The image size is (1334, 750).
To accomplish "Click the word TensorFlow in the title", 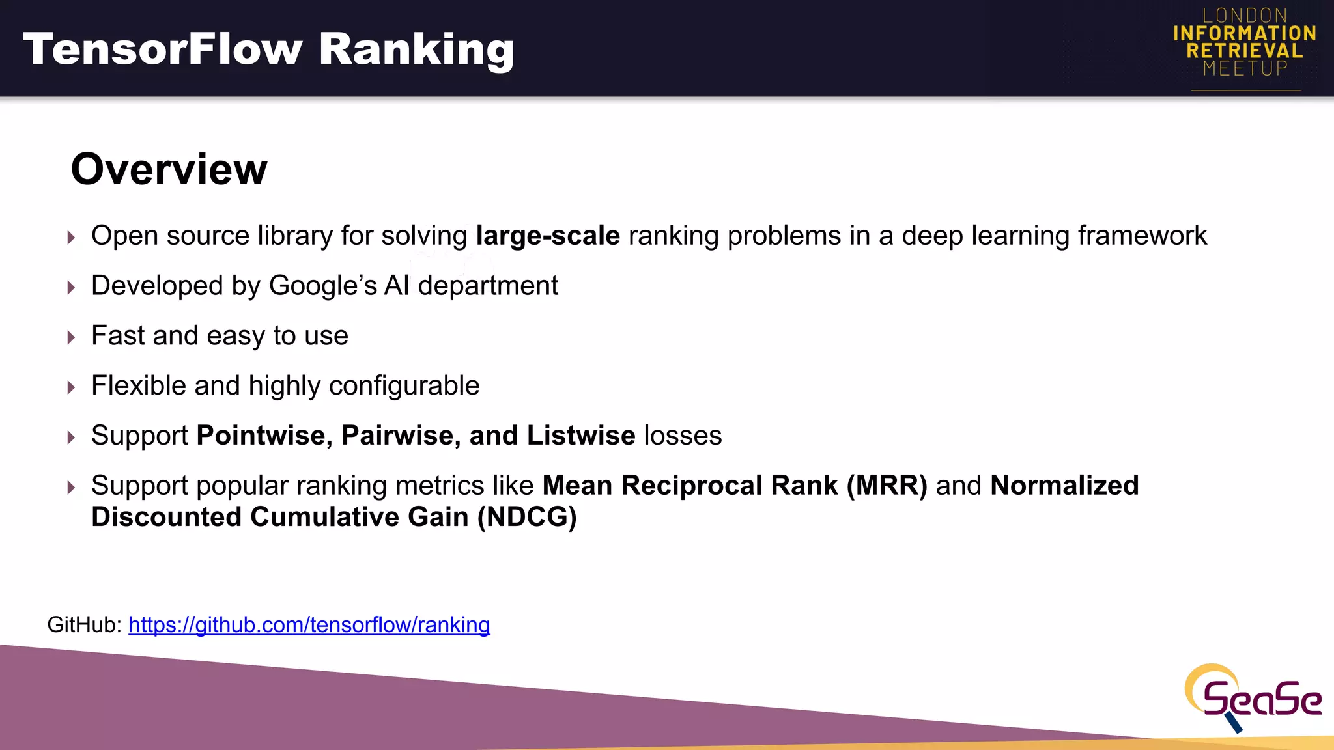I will pyautogui.click(x=163, y=49).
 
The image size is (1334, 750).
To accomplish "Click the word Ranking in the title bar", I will pyautogui.click(x=416, y=49).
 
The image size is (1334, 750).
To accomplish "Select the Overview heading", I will pyautogui.click(x=169, y=169).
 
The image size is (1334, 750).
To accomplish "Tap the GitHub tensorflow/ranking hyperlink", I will pyautogui.click(x=309, y=625).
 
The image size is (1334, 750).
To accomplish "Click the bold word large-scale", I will pyautogui.click(x=548, y=236).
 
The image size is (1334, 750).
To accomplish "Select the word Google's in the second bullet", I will pyautogui.click(x=322, y=286).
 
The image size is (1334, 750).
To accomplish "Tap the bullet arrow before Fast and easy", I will pyautogui.click(x=71, y=337).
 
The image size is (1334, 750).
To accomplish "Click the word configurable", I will pyautogui.click(x=404, y=386).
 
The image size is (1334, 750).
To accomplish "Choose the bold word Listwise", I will pyautogui.click(x=581, y=436).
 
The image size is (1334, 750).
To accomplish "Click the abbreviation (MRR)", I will pyautogui.click(x=887, y=486).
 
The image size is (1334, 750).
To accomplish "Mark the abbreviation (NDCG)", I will pyautogui.click(x=527, y=517).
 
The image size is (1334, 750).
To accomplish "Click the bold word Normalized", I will pyautogui.click(x=1064, y=486).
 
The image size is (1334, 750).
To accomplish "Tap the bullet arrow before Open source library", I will pyautogui.click(x=71, y=237).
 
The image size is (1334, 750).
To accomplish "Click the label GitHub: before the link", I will pyautogui.click(x=84, y=625).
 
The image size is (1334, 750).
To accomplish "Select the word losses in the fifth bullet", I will pyautogui.click(x=683, y=436).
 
